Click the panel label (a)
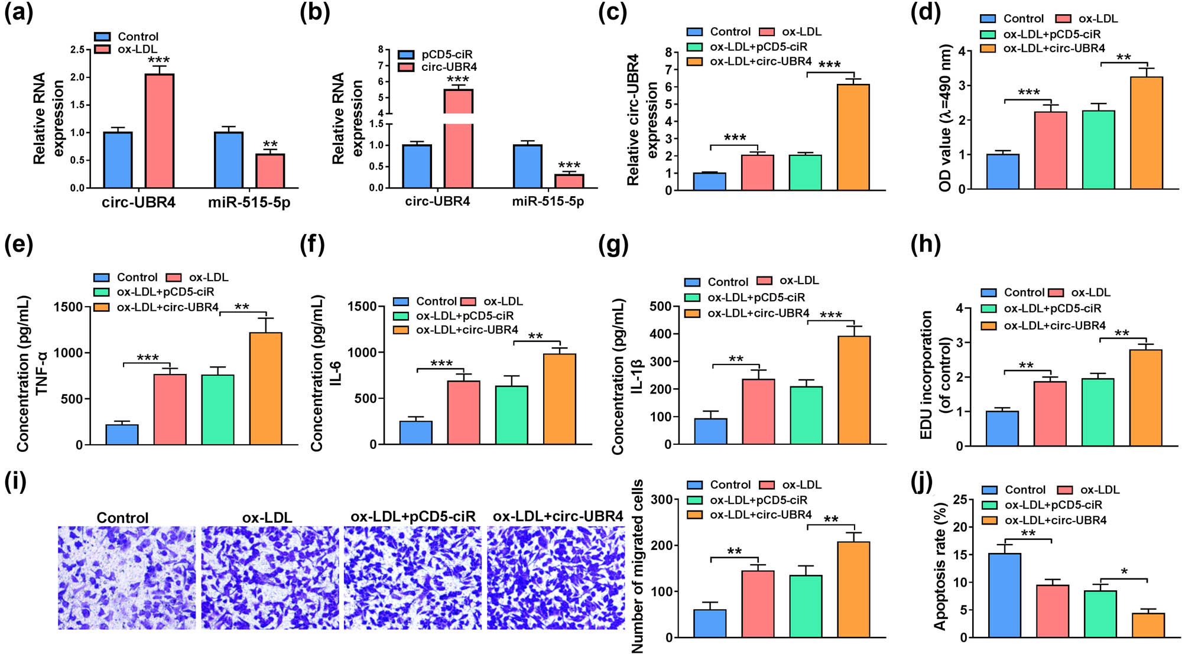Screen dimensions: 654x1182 (x=18, y=13)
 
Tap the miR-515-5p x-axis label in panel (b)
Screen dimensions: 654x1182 (x=548, y=201)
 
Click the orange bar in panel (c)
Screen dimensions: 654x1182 (x=853, y=137)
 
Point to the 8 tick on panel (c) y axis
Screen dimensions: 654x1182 (x=668, y=53)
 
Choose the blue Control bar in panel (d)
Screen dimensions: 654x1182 (x=1003, y=171)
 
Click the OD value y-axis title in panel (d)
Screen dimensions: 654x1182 (x=945, y=118)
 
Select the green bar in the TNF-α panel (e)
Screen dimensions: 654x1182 (x=217, y=409)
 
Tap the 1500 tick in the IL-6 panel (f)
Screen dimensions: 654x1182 (x=363, y=306)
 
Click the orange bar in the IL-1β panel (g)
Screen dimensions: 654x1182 (x=854, y=390)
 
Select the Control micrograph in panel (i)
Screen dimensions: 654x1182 (x=126, y=578)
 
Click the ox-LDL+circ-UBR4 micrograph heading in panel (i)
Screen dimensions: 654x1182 (x=557, y=516)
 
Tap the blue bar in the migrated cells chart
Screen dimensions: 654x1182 (x=710, y=623)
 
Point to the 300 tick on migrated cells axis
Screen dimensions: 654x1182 (x=661, y=500)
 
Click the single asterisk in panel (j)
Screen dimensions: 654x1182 (x=1124, y=572)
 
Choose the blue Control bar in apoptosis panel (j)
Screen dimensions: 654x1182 (x=1005, y=595)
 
